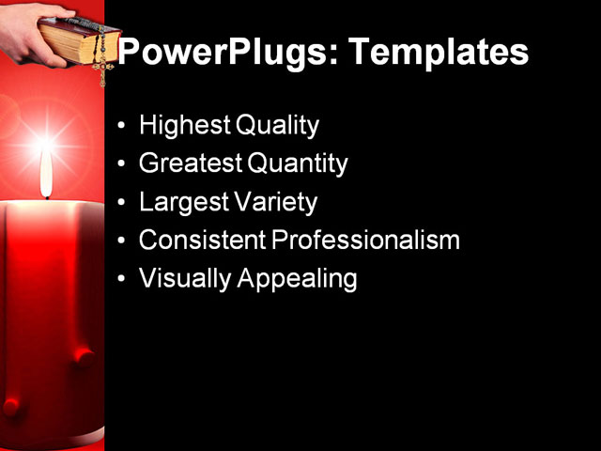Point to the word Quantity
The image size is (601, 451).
click(298, 164)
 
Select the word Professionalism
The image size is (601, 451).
click(366, 241)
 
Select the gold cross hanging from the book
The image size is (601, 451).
click(100, 68)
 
